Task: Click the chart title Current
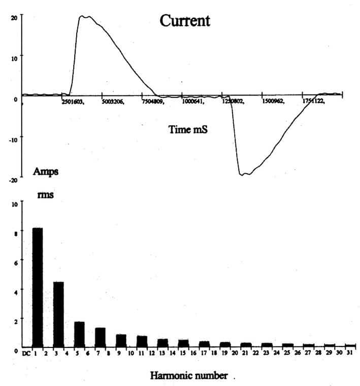click(185, 21)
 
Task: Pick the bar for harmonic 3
click(58, 314)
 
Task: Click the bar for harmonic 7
click(100, 338)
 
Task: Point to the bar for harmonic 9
click(121, 341)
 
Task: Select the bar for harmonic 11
click(142, 342)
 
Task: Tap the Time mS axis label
click(188, 130)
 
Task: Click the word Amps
click(46, 171)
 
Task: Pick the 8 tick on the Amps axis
click(16, 233)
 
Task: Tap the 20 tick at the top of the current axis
click(14, 17)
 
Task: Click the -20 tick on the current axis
click(13, 180)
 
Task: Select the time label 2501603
click(72, 102)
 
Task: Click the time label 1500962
click(272, 102)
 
